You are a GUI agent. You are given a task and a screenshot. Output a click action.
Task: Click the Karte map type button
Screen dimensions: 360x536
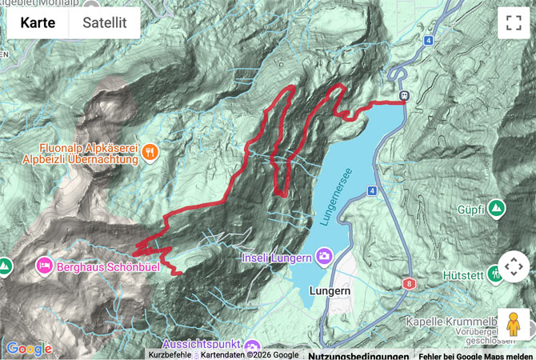coord(38,23)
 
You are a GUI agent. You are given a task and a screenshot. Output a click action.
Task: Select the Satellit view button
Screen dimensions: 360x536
coord(104,23)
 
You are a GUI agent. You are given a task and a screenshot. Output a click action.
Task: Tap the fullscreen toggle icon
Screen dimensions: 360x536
coord(513,23)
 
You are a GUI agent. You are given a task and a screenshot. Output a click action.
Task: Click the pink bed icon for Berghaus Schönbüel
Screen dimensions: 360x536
coord(44,264)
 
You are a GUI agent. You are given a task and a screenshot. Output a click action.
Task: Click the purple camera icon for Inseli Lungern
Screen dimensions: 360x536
coord(325,257)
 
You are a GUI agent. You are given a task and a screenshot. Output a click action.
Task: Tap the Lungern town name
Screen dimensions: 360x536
coord(330,293)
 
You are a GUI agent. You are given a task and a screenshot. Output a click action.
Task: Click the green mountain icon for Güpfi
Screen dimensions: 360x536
coord(496,209)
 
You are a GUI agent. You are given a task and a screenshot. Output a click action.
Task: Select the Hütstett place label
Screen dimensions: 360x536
coord(464,274)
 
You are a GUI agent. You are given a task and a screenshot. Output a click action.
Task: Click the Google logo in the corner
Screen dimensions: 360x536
coord(30,348)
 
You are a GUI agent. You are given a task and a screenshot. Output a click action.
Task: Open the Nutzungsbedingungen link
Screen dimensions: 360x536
coord(358,355)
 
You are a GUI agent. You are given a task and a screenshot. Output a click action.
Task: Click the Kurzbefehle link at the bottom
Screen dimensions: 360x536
coord(170,355)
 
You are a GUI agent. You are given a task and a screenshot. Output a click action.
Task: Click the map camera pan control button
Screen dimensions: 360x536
coord(513,266)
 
